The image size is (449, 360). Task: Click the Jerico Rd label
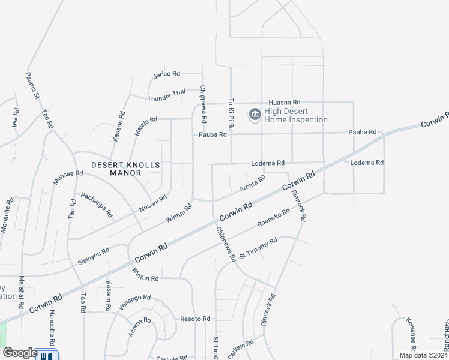point(167,74)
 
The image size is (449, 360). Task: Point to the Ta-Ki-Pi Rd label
point(231,116)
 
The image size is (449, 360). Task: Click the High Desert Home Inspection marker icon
point(254,114)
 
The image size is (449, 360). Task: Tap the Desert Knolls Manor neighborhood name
point(116,168)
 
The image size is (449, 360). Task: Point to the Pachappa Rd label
point(97,204)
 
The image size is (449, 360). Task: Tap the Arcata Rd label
point(252,184)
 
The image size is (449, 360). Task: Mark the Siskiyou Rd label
point(93,258)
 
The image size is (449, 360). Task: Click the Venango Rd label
point(134,302)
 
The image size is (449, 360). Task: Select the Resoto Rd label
point(195,319)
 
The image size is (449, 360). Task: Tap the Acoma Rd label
point(139,328)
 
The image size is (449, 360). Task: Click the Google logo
point(20,353)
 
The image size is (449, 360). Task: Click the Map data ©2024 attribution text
point(423,355)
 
